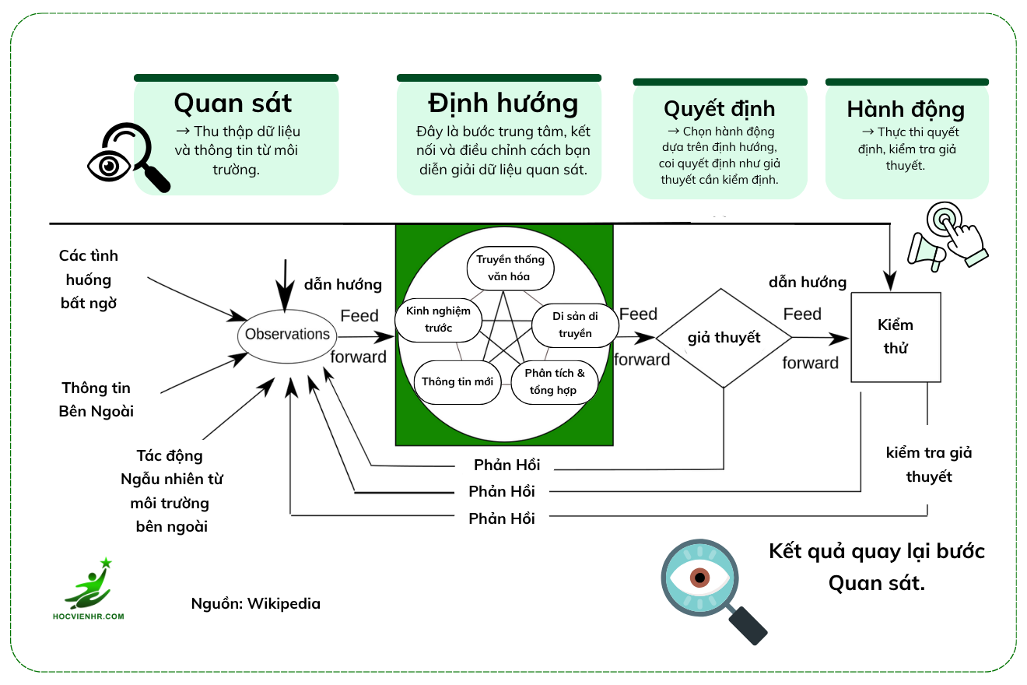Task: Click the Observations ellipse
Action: (x=288, y=335)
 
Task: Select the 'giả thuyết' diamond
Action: (x=724, y=338)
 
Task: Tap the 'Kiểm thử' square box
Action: (x=896, y=337)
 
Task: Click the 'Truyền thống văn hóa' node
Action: (x=510, y=268)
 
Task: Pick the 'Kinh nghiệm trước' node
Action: (x=438, y=320)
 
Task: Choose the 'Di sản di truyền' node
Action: (x=572, y=325)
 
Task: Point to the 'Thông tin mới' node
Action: (x=457, y=381)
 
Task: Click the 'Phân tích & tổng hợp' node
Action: (x=553, y=381)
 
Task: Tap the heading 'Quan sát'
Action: (x=233, y=103)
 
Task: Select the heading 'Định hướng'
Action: (x=503, y=103)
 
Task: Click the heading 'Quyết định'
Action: (x=719, y=108)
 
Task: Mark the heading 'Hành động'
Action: (x=906, y=109)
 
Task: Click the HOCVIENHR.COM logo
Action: (x=95, y=590)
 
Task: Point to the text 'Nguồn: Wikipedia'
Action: (x=255, y=603)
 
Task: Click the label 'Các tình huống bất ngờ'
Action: (x=89, y=279)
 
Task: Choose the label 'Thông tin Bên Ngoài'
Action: (x=96, y=399)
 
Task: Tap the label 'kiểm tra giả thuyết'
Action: (x=929, y=465)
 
